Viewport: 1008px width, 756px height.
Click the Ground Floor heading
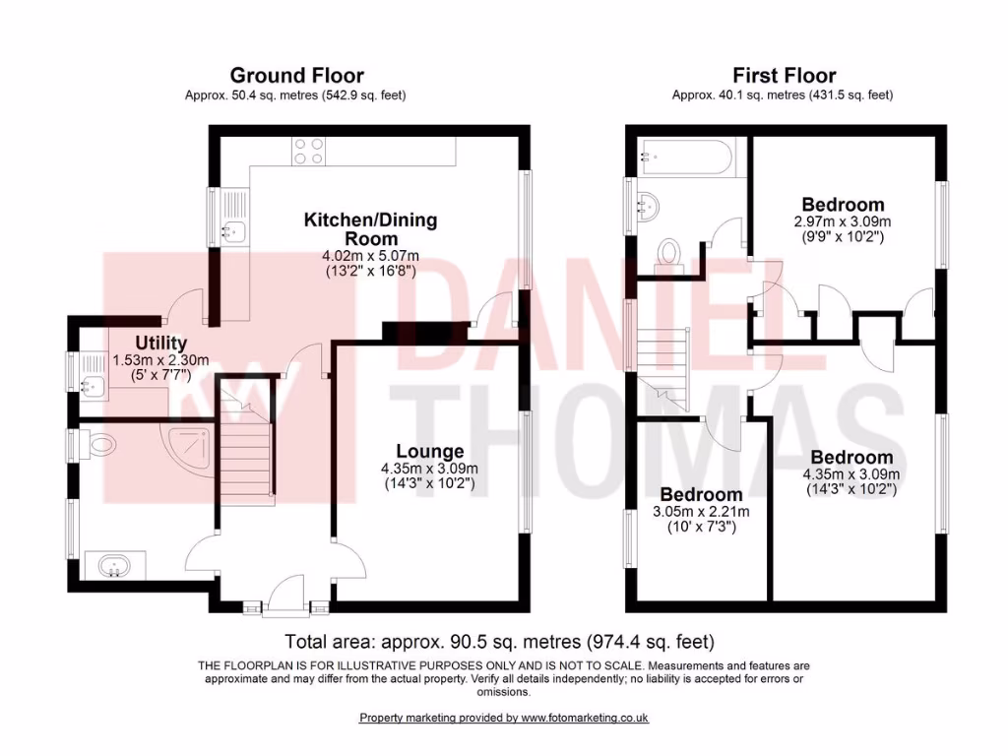tap(296, 76)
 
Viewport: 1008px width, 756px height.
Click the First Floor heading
tap(784, 76)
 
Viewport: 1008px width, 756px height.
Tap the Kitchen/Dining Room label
tap(370, 229)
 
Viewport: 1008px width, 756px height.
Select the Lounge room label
tap(430, 451)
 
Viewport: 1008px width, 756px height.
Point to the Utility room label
tap(148, 344)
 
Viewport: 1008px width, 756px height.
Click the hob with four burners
tap(309, 151)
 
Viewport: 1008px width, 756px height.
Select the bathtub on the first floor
tap(684, 155)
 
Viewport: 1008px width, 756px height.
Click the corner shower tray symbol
tap(192, 448)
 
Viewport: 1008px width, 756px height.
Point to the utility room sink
tap(94, 383)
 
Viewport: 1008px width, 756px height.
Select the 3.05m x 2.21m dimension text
tap(701, 512)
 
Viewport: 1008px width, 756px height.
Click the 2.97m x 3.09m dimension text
tap(842, 221)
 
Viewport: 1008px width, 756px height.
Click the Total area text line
tap(499, 641)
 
